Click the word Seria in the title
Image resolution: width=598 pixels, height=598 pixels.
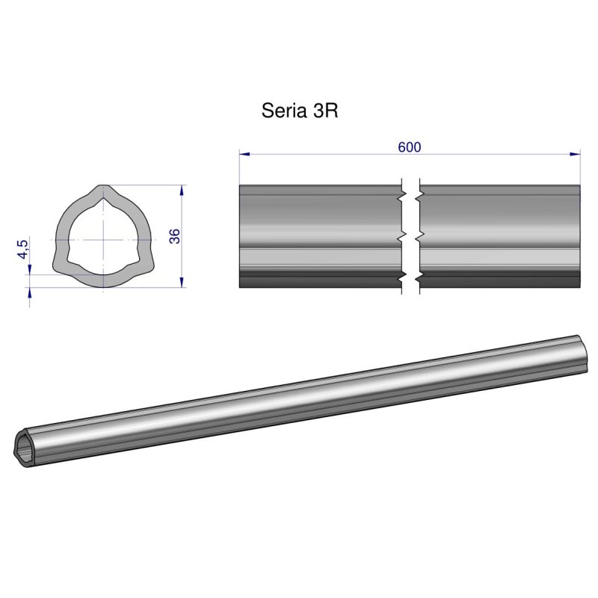[x=281, y=111]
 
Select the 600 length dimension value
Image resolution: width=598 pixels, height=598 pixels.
[x=409, y=147]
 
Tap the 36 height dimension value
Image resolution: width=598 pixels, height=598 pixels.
[x=175, y=236]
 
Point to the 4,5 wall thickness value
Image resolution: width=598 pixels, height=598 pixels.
[x=23, y=248]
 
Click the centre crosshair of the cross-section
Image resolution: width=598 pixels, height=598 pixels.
[x=101, y=239]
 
